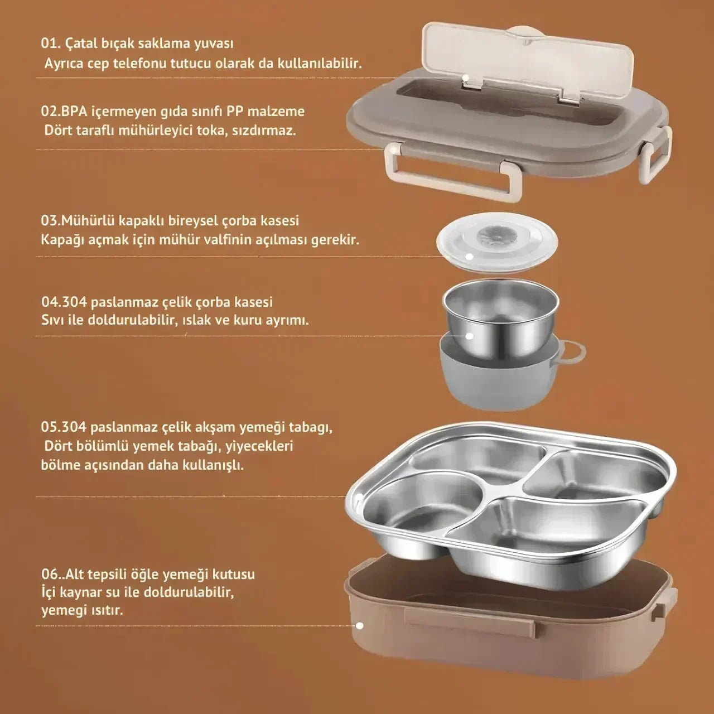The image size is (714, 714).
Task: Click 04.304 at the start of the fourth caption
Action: click(x=64, y=302)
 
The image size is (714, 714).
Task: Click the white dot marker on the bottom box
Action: click(x=360, y=626)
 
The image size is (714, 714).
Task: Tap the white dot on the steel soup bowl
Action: click(x=469, y=336)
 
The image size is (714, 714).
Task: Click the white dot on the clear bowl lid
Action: click(x=470, y=256)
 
